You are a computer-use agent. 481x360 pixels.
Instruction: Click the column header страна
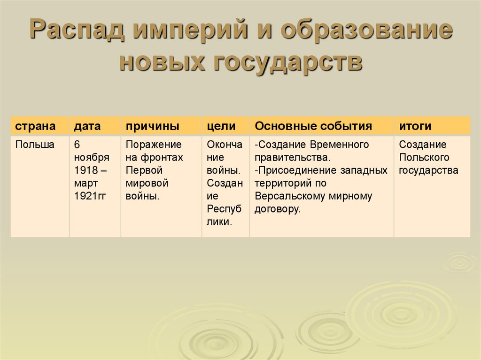click(x=35, y=126)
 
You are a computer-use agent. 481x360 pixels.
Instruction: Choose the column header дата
click(x=87, y=126)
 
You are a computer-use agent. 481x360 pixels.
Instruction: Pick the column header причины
click(x=152, y=126)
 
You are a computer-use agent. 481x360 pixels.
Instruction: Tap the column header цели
click(x=221, y=126)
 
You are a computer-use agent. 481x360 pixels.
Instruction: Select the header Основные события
click(x=313, y=126)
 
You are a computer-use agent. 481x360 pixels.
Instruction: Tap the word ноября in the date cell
click(x=91, y=158)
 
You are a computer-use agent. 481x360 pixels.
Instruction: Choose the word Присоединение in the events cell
click(x=293, y=170)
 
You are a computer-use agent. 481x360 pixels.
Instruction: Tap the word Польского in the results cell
click(x=424, y=158)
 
